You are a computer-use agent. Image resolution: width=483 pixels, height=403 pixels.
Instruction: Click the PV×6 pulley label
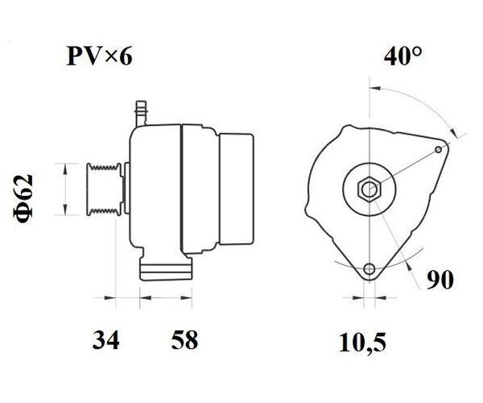tap(100, 56)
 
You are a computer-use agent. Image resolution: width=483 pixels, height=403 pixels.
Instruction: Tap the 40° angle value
tap(402, 56)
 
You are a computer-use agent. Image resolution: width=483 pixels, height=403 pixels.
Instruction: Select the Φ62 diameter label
tap(23, 197)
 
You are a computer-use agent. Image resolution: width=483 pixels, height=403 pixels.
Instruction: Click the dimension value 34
tap(105, 340)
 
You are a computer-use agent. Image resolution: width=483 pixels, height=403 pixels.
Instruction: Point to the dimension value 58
tap(184, 340)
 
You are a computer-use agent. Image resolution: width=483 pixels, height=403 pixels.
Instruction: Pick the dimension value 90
tap(440, 280)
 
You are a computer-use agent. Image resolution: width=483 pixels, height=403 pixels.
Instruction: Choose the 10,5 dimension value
tap(362, 343)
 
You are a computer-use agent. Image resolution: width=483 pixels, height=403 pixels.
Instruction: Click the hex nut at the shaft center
tap(369, 189)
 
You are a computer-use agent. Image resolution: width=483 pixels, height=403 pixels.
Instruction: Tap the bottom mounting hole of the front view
tap(369, 269)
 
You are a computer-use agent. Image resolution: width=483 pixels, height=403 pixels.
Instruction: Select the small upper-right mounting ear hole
tap(439, 150)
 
